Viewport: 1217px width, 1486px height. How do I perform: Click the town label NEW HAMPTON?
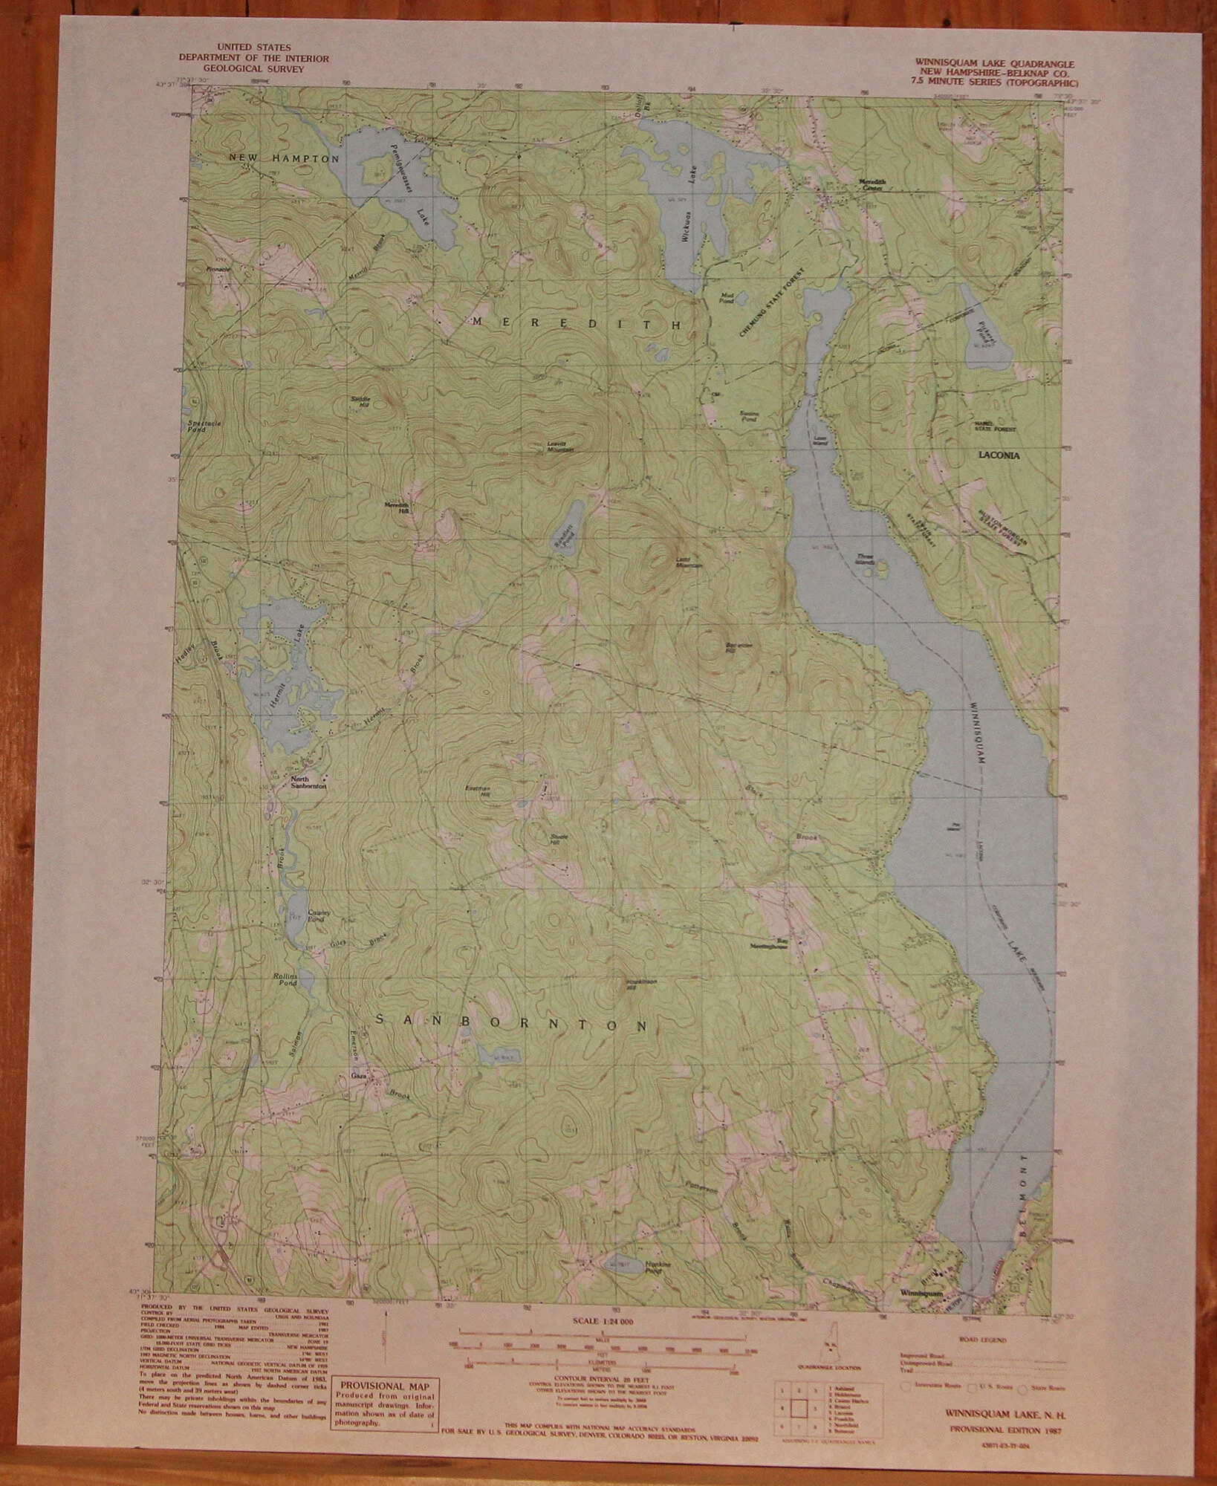[284, 159]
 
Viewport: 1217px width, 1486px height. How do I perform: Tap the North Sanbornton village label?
[305, 782]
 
